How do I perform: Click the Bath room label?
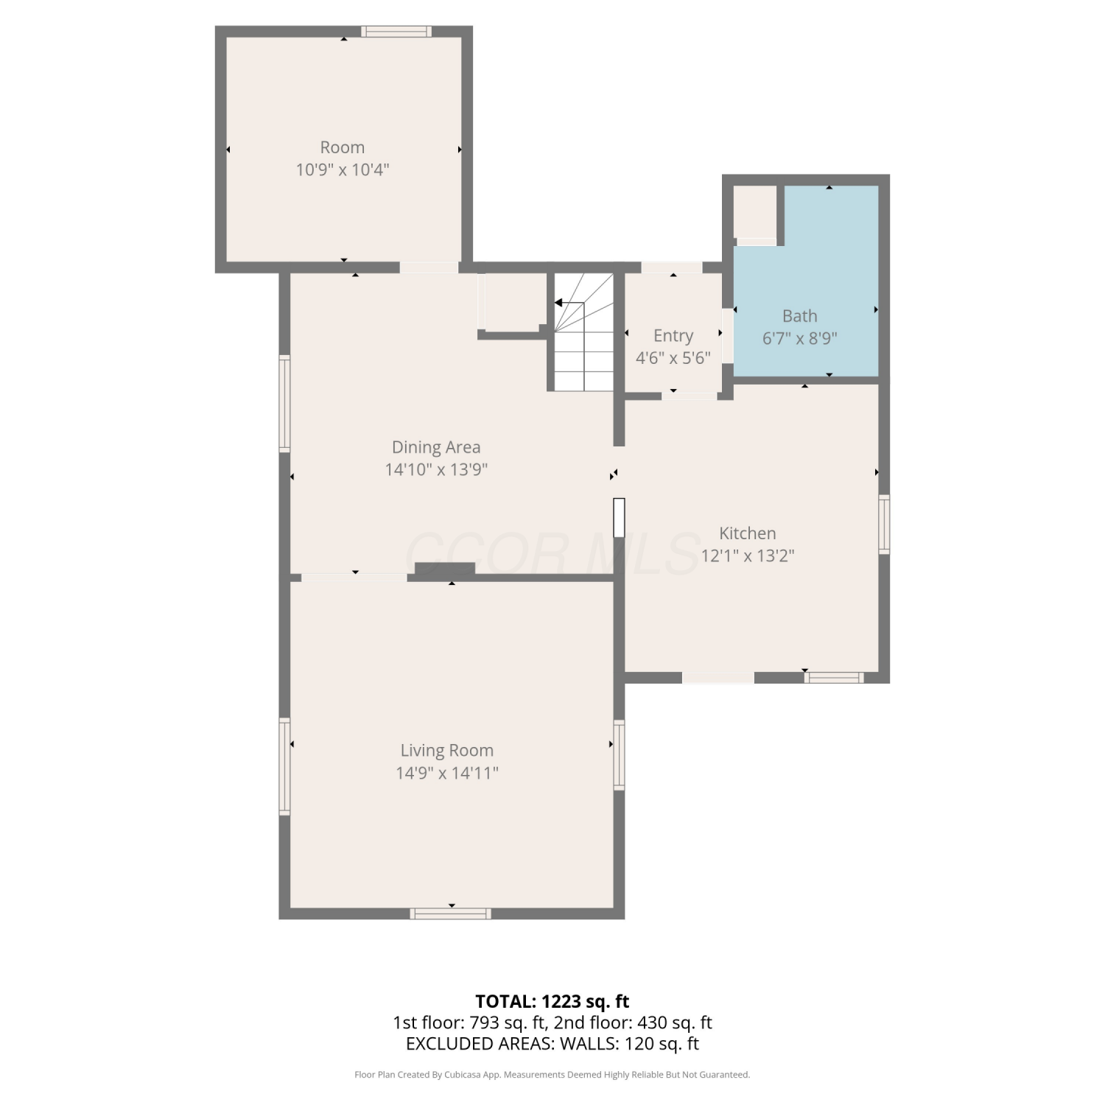pyautogui.click(x=799, y=316)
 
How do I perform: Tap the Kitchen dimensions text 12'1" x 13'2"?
pyautogui.click(x=747, y=555)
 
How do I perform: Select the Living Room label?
pyautogui.click(x=446, y=751)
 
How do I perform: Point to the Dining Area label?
pyautogui.click(x=436, y=447)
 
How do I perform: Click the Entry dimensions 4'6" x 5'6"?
pyautogui.click(x=673, y=358)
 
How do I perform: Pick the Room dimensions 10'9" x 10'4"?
pyautogui.click(x=343, y=170)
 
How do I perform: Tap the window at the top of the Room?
pyautogui.click(x=396, y=32)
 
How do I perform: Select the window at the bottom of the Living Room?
pyautogui.click(x=451, y=913)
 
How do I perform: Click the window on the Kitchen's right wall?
pyautogui.click(x=884, y=525)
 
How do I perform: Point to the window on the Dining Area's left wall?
pyautogui.click(x=284, y=404)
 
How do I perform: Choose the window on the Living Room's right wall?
pyautogui.click(x=620, y=755)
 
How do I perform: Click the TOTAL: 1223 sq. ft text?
pyautogui.click(x=552, y=1001)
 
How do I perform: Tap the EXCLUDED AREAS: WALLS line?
pyautogui.click(x=552, y=1044)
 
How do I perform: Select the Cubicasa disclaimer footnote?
pyautogui.click(x=552, y=1075)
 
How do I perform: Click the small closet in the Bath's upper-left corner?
pyautogui.click(x=756, y=212)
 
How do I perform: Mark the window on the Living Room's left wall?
pyautogui.click(x=284, y=766)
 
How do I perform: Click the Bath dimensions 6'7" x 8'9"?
pyautogui.click(x=799, y=339)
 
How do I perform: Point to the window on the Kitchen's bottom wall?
pyautogui.click(x=834, y=678)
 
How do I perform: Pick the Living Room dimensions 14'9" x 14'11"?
pyautogui.click(x=446, y=773)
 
